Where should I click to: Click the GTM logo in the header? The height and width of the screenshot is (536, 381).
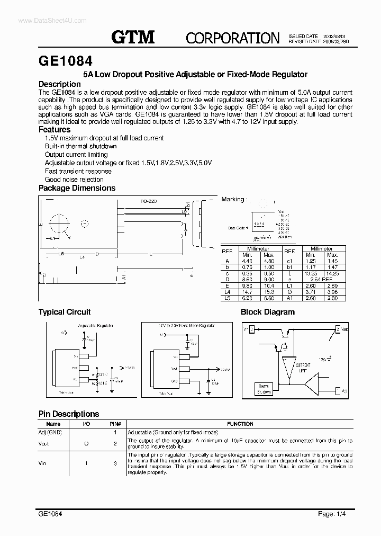(133, 37)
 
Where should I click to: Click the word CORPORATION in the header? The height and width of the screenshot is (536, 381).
(232, 38)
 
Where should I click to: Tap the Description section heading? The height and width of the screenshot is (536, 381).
(60, 84)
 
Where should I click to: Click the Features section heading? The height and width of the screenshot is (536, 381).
(55, 130)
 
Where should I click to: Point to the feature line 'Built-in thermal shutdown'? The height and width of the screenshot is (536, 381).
(80, 146)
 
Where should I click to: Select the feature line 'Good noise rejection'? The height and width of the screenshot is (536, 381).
(74, 180)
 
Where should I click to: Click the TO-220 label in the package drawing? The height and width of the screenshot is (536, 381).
(149, 202)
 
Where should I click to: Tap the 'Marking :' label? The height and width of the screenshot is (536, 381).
(233, 200)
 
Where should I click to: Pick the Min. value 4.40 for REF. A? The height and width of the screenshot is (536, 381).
(247, 261)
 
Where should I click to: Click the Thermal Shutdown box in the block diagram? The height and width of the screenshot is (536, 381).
(263, 389)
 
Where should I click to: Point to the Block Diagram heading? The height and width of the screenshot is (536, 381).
(268, 312)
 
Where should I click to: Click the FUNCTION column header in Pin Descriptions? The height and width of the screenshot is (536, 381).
(240, 424)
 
